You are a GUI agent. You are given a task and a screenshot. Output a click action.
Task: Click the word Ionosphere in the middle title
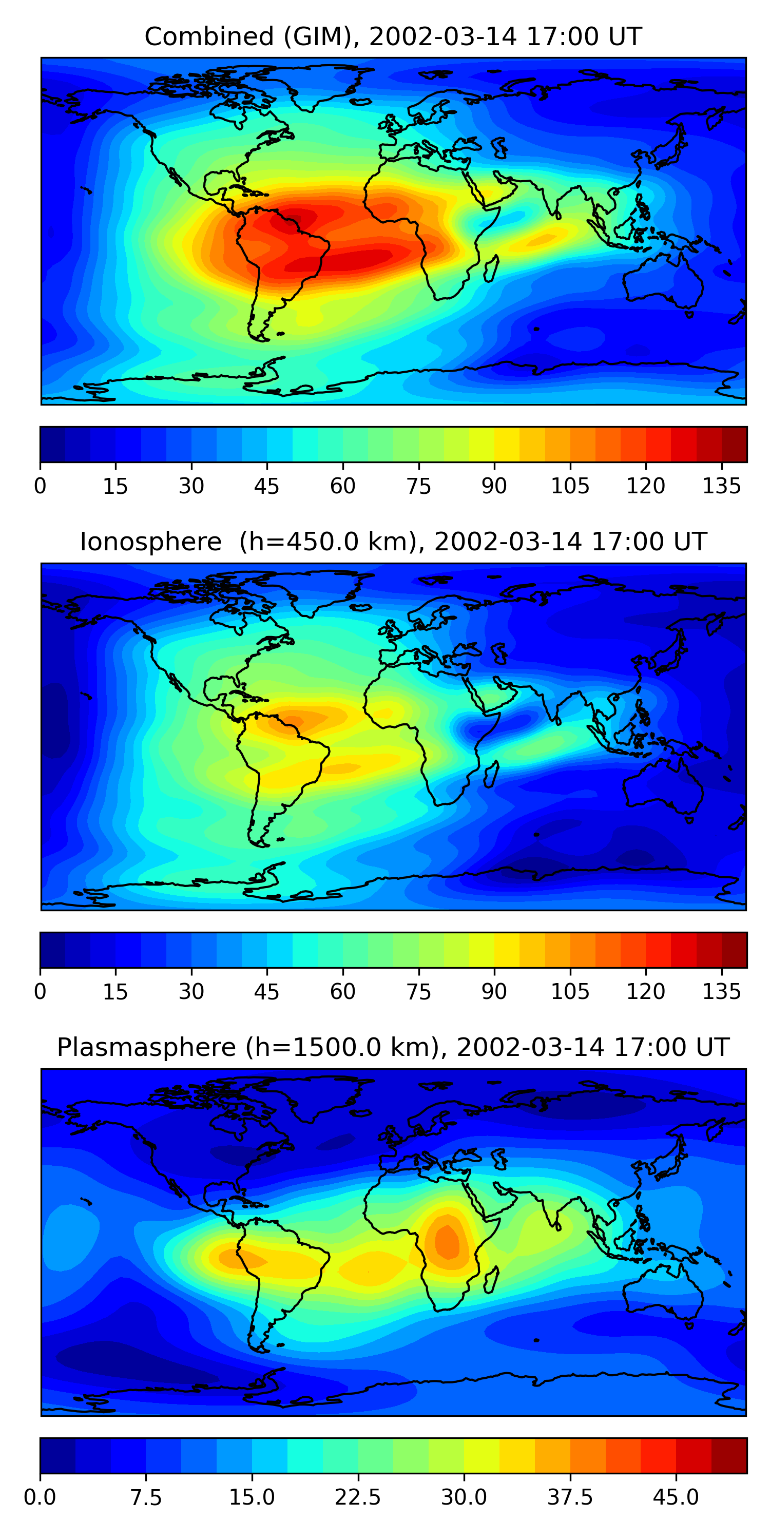click(x=150, y=542)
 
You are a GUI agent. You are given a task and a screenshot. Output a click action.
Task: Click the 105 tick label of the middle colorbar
click(x=570, y=992)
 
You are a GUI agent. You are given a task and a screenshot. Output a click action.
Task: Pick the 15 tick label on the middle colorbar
click(x=115, y=992)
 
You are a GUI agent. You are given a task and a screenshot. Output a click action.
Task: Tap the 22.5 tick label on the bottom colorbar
click(x=357, y=1497)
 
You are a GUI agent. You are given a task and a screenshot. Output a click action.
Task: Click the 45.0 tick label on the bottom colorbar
click(x=676, y=1497)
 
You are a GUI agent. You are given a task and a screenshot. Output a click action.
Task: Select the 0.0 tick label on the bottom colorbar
click(x=40, y=1497)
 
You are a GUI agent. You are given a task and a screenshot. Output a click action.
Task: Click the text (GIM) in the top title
click(x=317, y=37)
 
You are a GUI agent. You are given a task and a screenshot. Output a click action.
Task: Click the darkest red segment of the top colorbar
click(x=734, y=444)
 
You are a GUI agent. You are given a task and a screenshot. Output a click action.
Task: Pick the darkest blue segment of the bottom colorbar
click(x=57, y=1455)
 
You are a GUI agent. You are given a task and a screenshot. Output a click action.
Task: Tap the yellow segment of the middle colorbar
click(x=507, y=949)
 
